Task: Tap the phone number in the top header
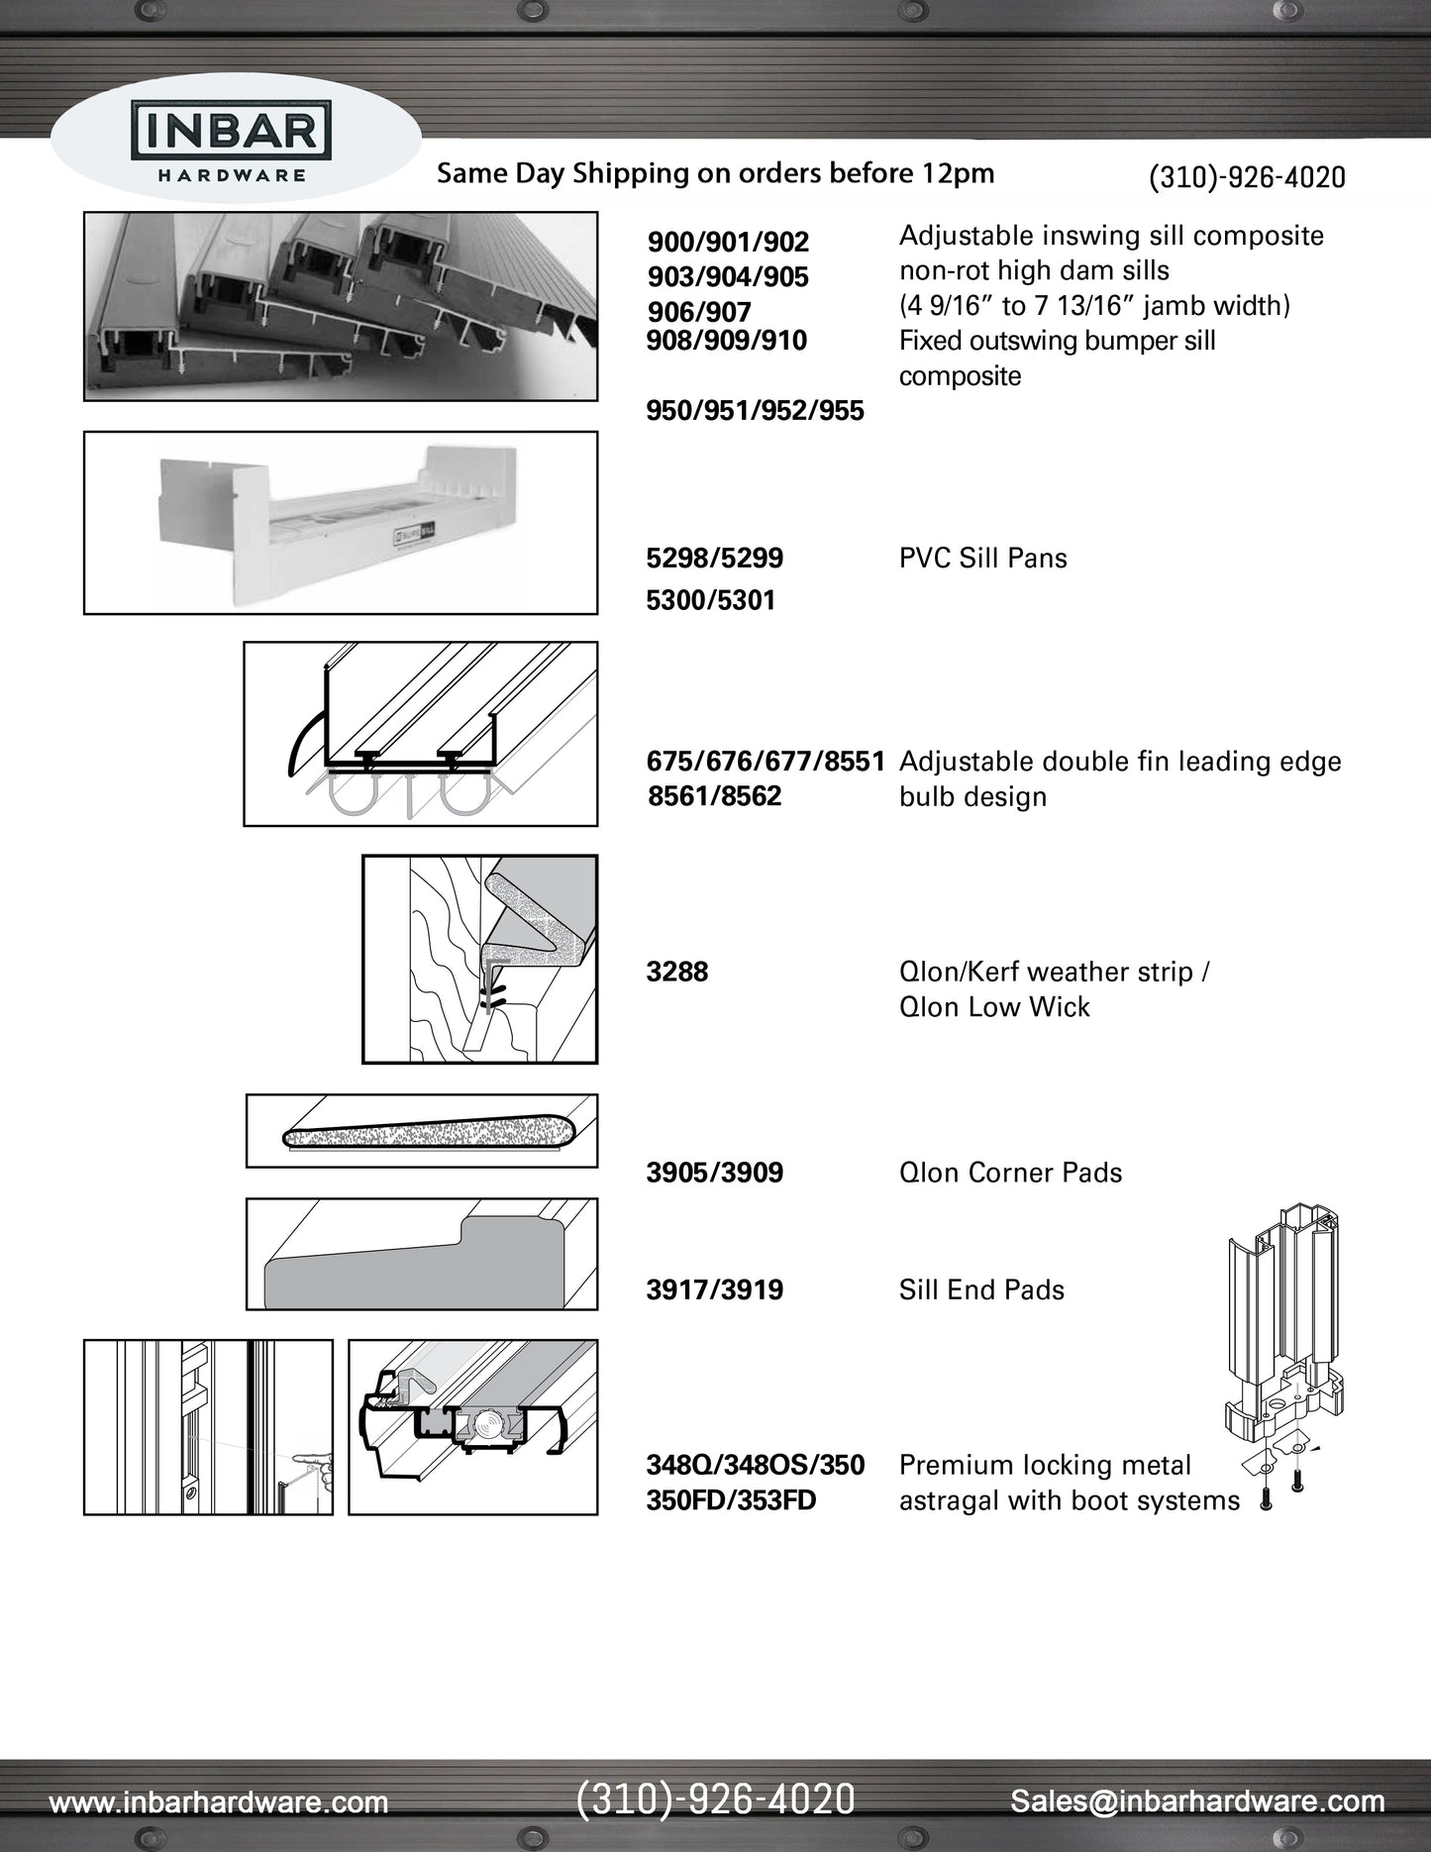[x=1246, y=177]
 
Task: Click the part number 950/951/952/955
[x=755, y=410]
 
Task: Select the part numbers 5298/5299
[x=714, y=558]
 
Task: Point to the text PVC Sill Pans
[x=982, y=558]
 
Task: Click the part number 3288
[x=677, y=972]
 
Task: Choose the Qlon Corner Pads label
[x=1010, y=1173]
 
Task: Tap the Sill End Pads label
[x=981, y=1289]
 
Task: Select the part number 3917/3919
[x=714, y=1289]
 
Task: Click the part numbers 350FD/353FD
[x=731, y=1500]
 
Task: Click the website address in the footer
[x=219, y=1801]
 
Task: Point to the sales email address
[x=1196, y=1801]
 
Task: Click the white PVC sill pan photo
[x=340, y=523]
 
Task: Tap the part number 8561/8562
[x=714, y=796]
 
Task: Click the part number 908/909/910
[x=727, y=341]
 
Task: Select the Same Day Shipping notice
[x=715, y=173]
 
